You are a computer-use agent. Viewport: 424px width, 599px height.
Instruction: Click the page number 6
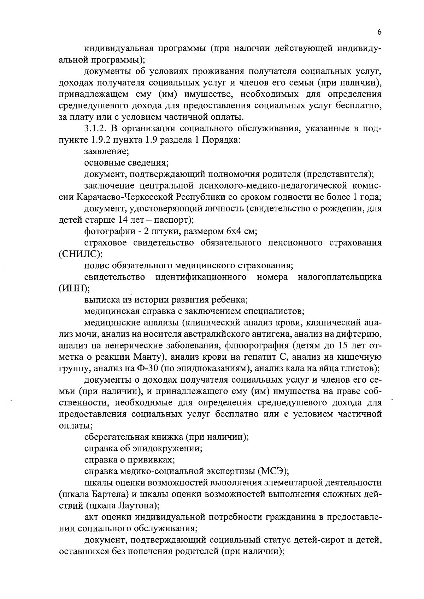tap(379, 32)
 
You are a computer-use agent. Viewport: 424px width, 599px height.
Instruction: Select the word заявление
tap(106, 151)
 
